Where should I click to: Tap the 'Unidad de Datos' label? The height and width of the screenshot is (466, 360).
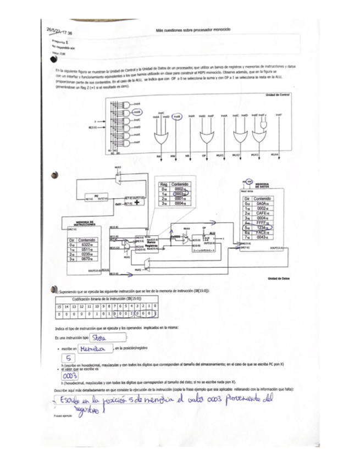(x=278, y=279)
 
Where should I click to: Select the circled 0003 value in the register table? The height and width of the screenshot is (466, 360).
(x=180, y=194)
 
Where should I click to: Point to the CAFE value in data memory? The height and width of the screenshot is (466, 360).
(x=261, y=213)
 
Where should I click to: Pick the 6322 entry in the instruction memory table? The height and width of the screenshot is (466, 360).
(x=87, y=245)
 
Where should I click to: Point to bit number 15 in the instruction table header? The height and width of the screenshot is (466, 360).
(x=59, y=306)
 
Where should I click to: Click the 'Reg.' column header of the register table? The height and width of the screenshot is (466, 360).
(x=163, y=184)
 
